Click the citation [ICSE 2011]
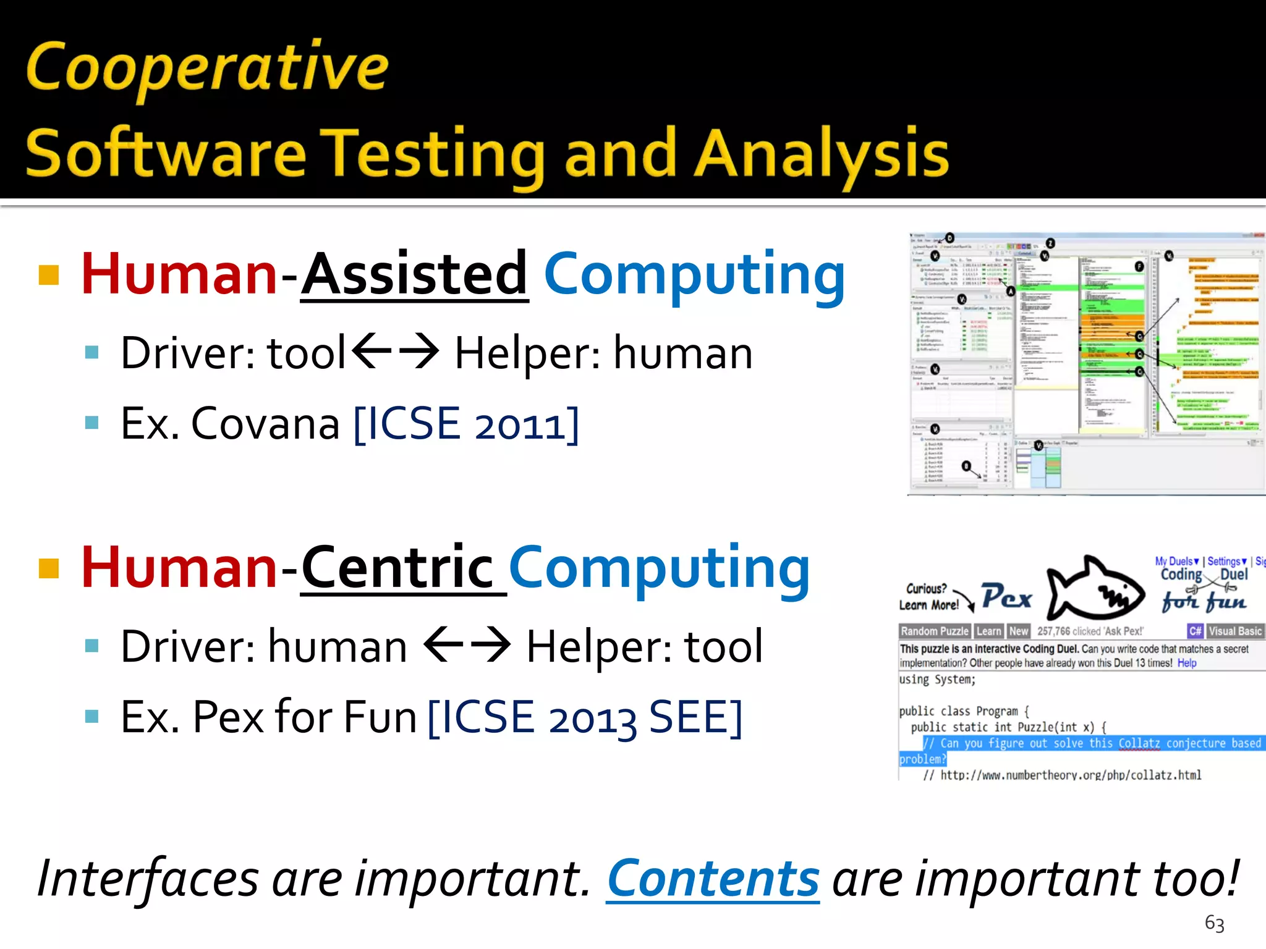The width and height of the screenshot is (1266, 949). [x=467, y=424]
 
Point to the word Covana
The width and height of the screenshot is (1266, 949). [x=266, y=424]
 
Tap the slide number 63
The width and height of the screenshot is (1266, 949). [x=1214, y=923]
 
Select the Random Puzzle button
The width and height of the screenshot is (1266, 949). [x=935, y=631]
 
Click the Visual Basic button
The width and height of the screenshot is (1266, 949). [x=1234, y=631]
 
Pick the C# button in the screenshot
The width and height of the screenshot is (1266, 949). [x=1195, y=631]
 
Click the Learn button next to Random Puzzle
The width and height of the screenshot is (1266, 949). [x=988, y=631]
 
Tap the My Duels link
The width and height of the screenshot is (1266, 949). [x=1176, y=561]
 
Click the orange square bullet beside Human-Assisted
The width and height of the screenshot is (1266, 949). [x=49, y=274]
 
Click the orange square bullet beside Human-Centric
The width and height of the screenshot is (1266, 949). [x=49, y=568]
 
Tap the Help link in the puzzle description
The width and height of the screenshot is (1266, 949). [x=1186, y=663]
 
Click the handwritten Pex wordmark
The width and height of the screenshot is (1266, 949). [x=1006, y=597]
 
